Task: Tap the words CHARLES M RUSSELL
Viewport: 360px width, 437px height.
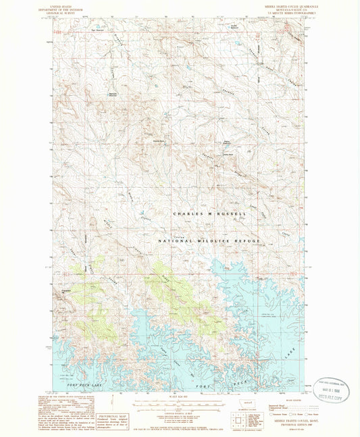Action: click(x=209, y=214)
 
